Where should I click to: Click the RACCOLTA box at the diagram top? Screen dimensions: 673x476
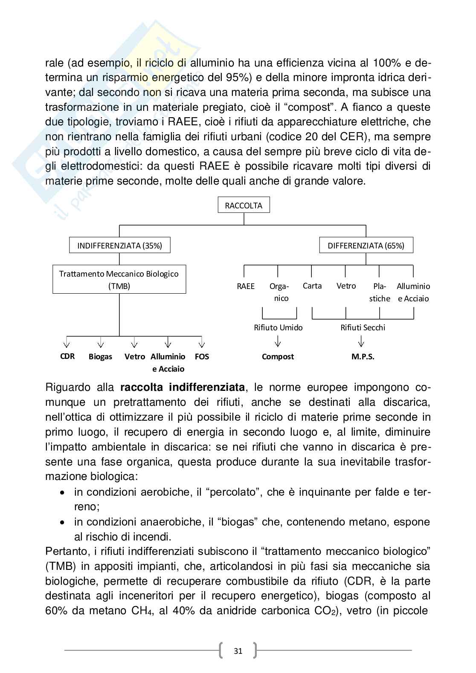[244, 205]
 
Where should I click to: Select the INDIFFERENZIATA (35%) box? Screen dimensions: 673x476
[119, 246]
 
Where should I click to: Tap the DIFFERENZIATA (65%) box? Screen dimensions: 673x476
[366, 246]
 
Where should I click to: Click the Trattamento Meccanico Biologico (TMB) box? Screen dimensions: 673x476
[119, 280]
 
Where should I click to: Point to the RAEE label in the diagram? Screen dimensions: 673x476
[246, 286]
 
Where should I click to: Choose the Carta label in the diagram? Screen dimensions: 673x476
[312, 286]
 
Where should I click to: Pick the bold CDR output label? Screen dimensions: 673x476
[67, 356]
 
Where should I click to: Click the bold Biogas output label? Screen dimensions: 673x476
[100, 357]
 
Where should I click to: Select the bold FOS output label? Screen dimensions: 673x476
[202, 356]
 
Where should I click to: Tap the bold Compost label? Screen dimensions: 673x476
[278, 357]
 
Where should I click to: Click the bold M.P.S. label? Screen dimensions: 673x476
[363, 357]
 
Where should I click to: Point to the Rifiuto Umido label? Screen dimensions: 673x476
[278, 327]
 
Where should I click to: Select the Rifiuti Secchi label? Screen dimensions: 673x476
[363, 327]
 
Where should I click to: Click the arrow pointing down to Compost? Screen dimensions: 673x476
[278, 341]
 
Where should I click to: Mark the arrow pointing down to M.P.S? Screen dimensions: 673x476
[362, 341]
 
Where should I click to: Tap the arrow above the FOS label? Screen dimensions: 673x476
[202, 343]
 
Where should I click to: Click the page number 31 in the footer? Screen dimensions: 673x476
[238, 651]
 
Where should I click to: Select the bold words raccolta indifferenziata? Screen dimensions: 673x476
[183, 387]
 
